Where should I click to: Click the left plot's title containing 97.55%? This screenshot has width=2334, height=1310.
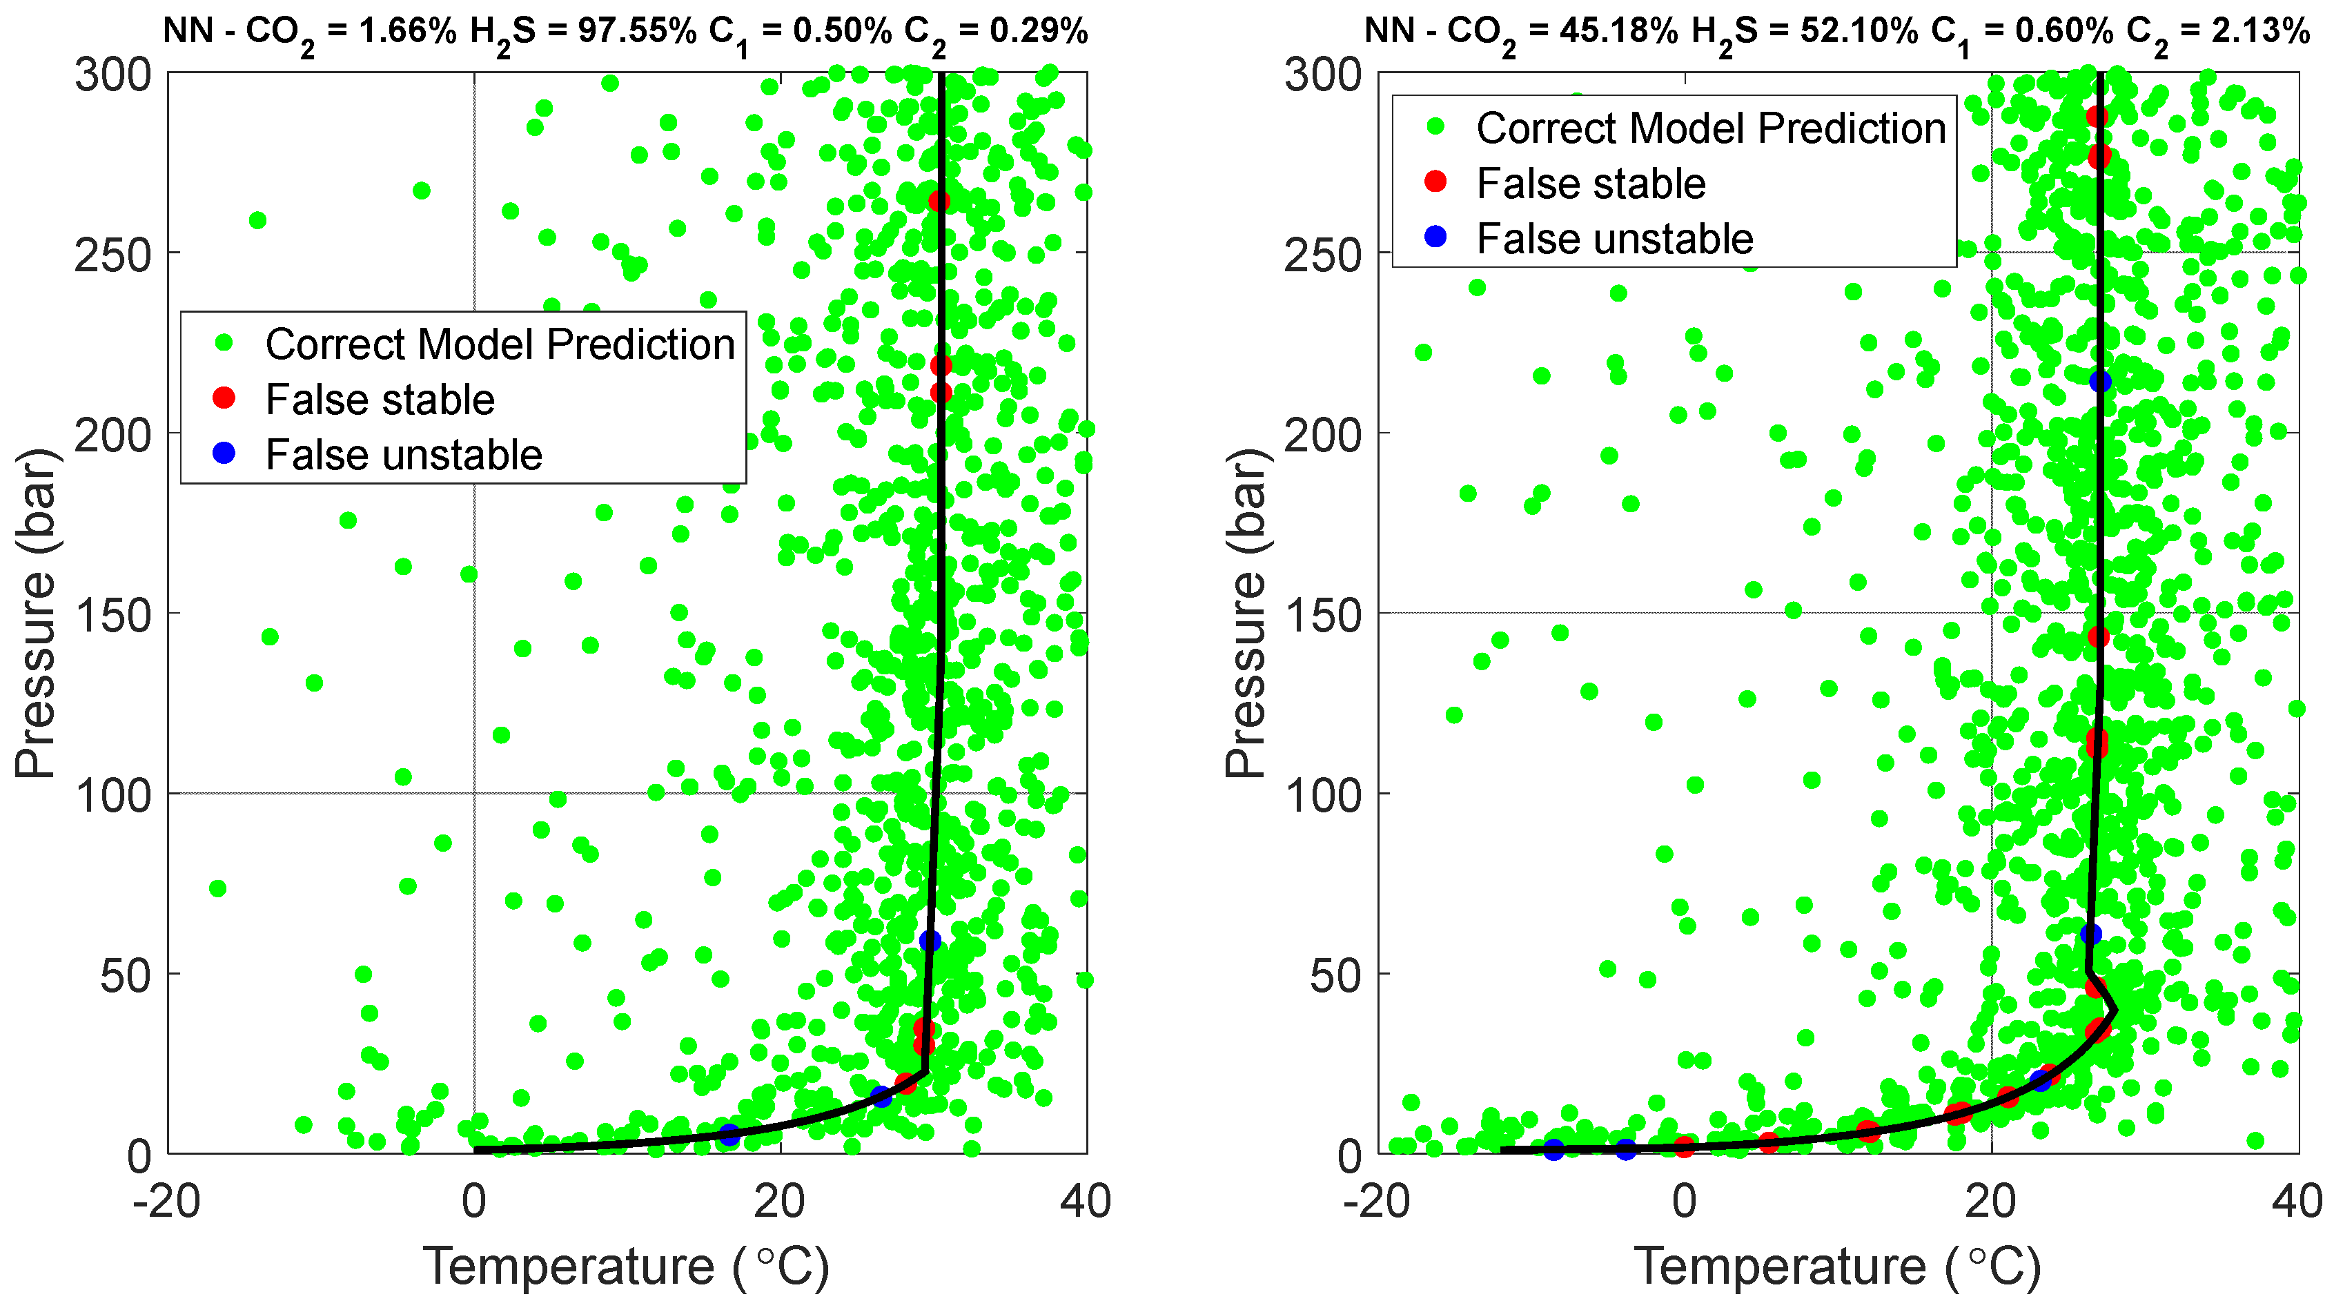(625, 32)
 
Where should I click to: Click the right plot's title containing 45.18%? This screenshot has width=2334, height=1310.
(1836, 32)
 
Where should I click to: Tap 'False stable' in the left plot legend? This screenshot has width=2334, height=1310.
(380, 400)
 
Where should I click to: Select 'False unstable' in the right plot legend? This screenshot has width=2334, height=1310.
(1615, 239)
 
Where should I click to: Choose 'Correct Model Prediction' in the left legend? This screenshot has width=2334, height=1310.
(499, 344)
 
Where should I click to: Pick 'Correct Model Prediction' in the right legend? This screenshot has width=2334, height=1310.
(1711, 128)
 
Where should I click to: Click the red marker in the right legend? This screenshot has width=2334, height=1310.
(1435, 182)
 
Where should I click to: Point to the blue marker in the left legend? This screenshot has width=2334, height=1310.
(224, 453)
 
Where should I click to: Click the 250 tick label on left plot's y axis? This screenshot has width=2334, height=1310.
(113, 255)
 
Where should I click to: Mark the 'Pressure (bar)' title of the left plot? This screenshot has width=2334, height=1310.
(37, 614)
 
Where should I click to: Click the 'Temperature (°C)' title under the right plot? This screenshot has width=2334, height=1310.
(1836, 1267)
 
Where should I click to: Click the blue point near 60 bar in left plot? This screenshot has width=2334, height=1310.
(930, 941)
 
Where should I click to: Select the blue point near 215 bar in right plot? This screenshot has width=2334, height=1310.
(2100, 382)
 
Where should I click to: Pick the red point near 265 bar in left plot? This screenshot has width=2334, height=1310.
(939, 201)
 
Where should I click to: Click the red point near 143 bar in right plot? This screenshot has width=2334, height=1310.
(2099, 638)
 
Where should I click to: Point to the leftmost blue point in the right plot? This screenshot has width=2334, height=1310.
(1554, 1150)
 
